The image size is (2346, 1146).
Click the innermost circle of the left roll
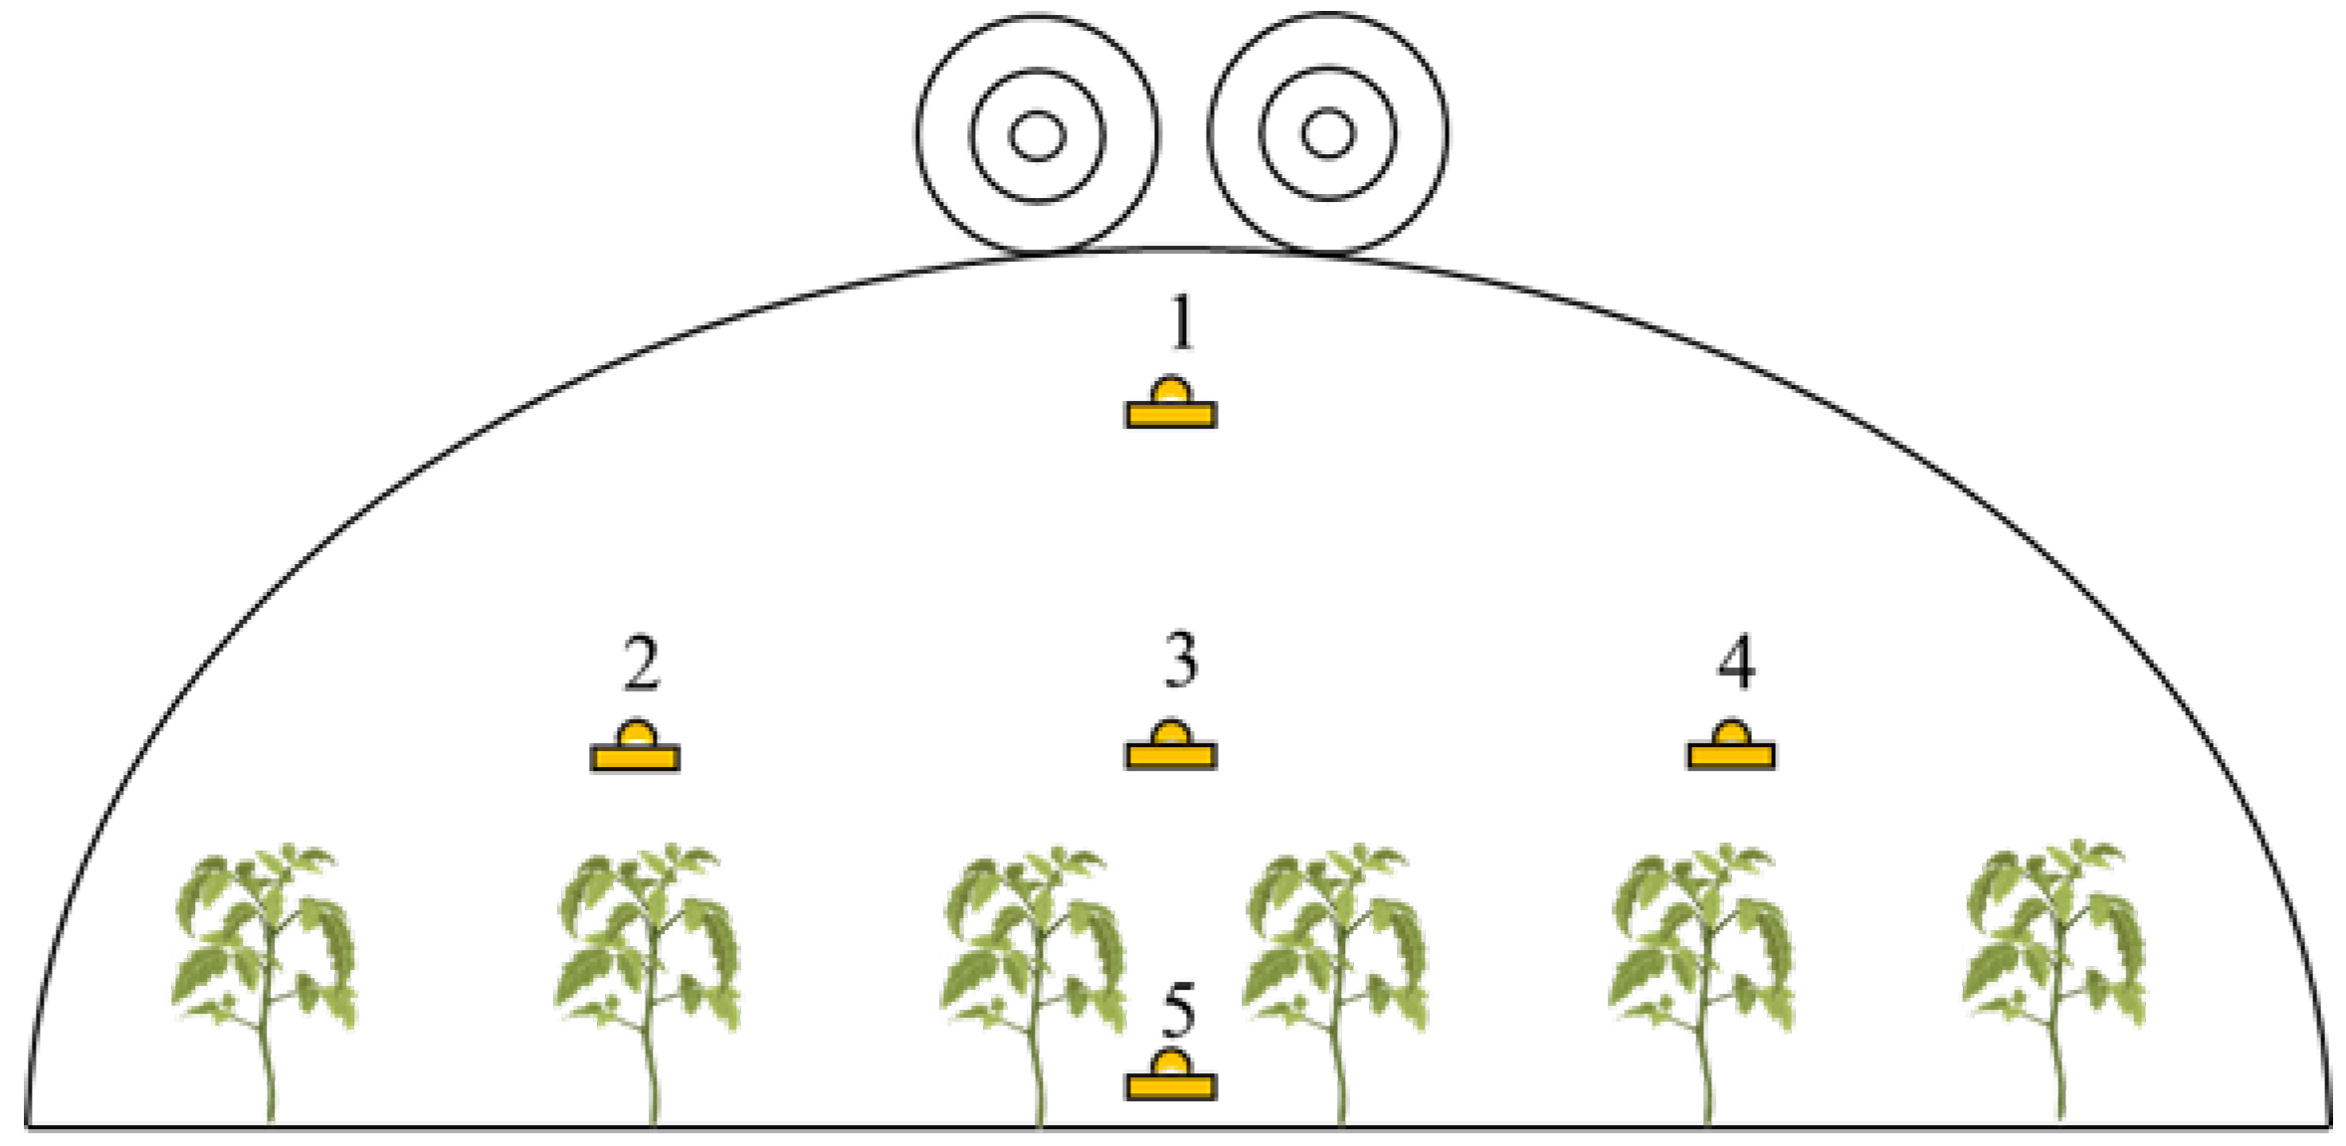coord(1038,136)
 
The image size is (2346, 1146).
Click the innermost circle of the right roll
coord(1328,134)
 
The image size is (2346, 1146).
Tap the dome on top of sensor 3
coord(1171,734)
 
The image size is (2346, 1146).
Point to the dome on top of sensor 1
coord(1171,391)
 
